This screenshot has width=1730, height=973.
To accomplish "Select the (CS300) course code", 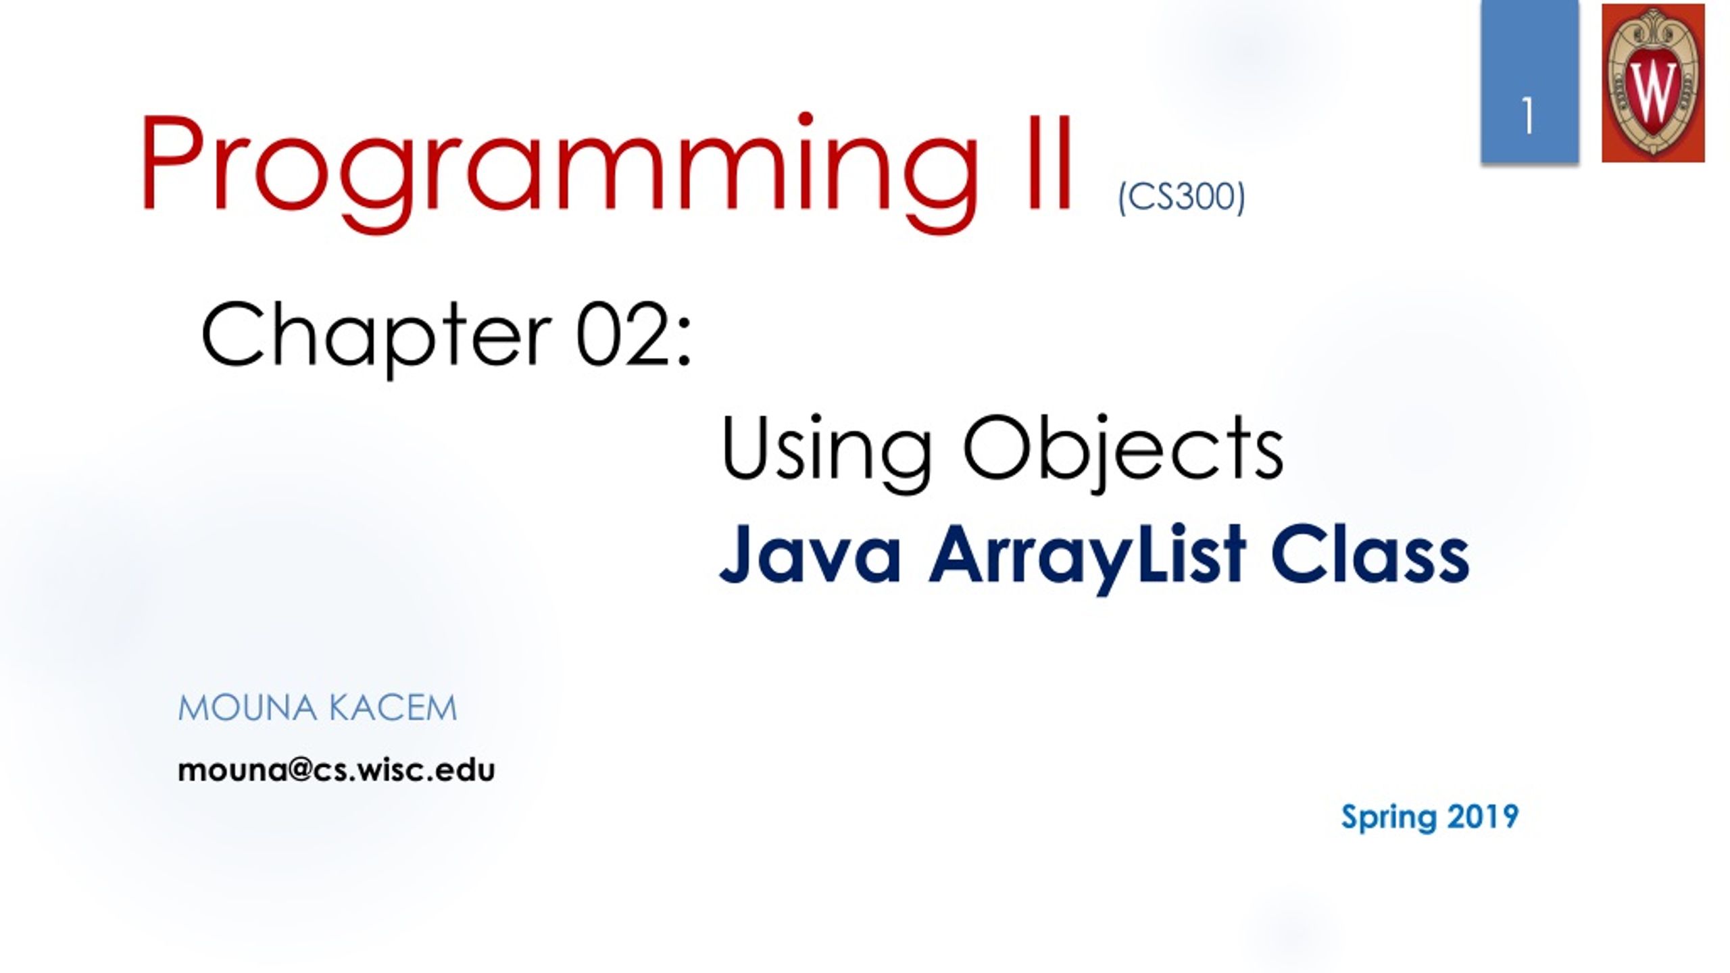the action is click(x=1181, y=197).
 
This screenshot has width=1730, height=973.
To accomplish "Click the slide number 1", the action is click(x=1528, y=116).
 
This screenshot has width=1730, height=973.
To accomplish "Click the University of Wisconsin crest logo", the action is click(x=1653, y=82).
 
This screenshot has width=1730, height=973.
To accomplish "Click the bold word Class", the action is click(x=1369, y=554).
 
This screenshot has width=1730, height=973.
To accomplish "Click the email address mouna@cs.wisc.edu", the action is click(x=336, y=770).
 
